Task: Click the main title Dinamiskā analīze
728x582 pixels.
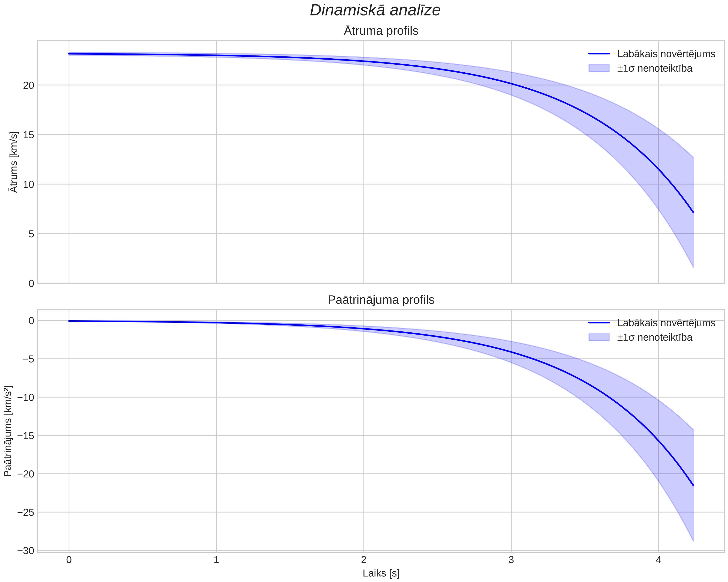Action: click(375, 10)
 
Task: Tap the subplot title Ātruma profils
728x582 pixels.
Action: click(381, 31)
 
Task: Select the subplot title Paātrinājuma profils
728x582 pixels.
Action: click(381, 300)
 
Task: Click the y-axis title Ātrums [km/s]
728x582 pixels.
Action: click(14, 162)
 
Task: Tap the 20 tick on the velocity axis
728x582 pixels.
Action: click(29, 85)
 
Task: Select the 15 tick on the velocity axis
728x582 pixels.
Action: click(29, 135)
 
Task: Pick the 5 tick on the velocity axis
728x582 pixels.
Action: click(32, 234)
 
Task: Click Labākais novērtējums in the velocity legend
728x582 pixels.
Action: click(666, 54)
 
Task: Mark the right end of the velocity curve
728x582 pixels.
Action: click(693, 213)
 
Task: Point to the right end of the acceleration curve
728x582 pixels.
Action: click(693, 485)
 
